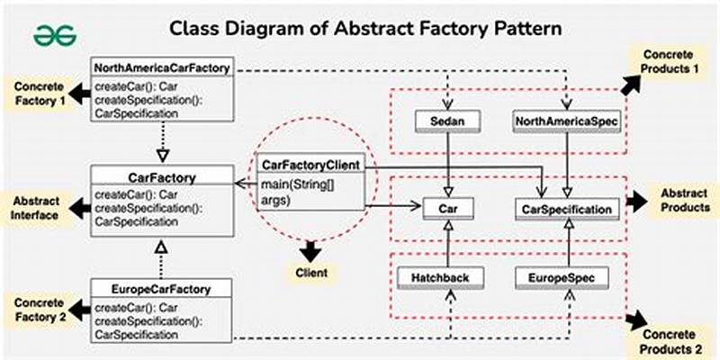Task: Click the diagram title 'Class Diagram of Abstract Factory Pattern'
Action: [366, 29]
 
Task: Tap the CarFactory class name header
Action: [163, 176]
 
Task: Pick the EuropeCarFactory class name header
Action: [163, 289]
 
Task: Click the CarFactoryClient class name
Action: [310, 166]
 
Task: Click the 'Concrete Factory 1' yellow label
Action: [39, 93]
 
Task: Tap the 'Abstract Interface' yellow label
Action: [37, 207]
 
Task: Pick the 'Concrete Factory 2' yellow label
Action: [38, 308]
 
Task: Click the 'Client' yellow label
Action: [311, 272]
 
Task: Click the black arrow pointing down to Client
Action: [311, 249]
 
